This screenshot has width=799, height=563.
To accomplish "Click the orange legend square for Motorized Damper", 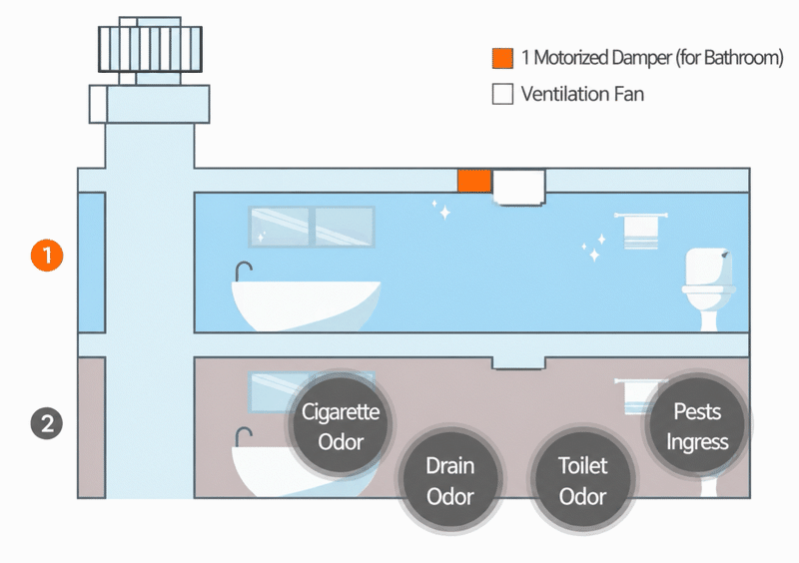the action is point(502,58).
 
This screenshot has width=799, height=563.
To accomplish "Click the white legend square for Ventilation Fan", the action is point(502,94).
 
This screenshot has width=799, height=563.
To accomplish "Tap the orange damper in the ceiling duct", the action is point(473,181).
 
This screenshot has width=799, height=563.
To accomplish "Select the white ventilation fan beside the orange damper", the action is point(518,187).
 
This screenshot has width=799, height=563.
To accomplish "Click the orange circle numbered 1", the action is point(47,256).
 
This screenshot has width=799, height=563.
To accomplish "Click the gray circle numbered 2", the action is point(47,423).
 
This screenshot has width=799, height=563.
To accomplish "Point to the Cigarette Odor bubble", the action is point(341,426).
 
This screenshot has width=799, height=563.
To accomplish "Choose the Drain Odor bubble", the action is point(450,480).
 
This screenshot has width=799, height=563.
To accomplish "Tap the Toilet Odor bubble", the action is point(582,480).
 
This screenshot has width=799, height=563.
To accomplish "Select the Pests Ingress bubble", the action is point(697,426).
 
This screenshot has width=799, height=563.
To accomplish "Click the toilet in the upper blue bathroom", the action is point(709,288).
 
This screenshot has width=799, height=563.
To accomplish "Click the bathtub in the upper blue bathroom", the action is point(306,305).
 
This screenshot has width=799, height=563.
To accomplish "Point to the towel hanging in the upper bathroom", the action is point(641,231).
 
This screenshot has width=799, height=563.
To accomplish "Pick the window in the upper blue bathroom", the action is point(312,227).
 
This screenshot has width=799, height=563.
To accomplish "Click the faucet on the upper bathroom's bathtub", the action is point(243,272).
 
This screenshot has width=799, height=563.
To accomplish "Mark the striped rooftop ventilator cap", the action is point(151,50).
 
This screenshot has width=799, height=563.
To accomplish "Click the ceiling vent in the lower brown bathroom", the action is point(518,363).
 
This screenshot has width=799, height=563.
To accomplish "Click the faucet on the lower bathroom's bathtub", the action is point(243,436).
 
